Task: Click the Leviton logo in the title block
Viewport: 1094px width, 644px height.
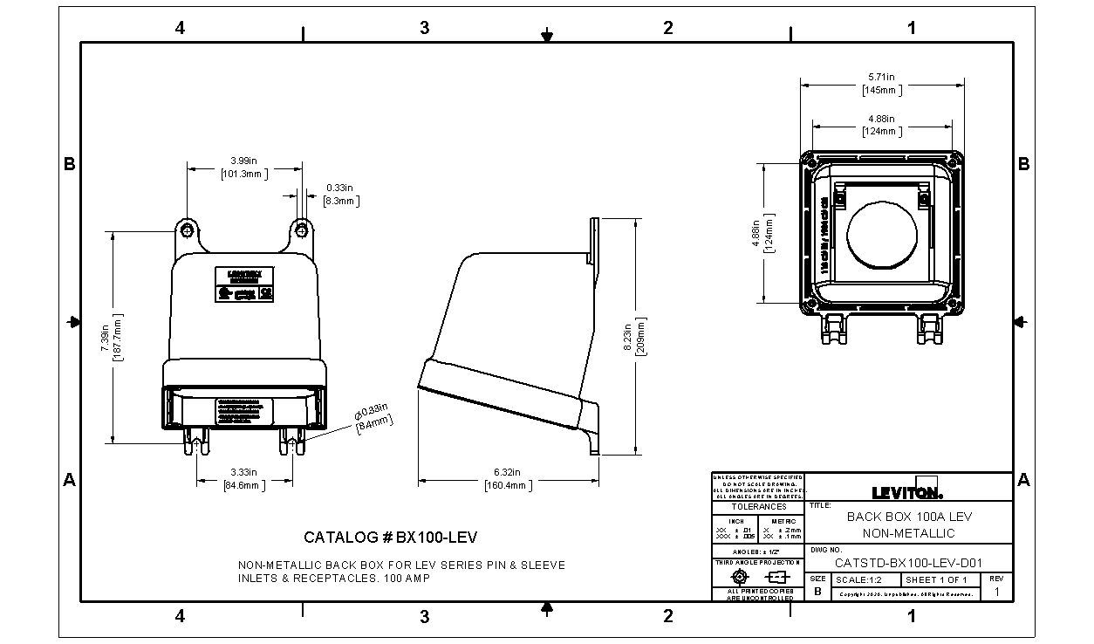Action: click(x=907, y=489)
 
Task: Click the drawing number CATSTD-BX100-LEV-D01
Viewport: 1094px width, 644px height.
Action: click(x=909, y=563)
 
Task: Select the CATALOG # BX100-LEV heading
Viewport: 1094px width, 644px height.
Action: click(x=390, y=537)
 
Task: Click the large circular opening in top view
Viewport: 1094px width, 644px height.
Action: click(x=882, y=236)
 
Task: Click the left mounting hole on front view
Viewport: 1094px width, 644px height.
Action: click(x=188, y=230)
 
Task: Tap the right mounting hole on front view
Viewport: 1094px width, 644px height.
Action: click(x=301, y=230)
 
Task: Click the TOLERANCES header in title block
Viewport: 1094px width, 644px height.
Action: click(x=758, y=507)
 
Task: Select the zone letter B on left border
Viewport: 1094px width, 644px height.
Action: click(x=69, y=164)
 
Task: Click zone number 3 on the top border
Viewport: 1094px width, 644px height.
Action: click(x=424, y=28)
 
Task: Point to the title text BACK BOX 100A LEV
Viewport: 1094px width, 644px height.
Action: click(x=909, y=517)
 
